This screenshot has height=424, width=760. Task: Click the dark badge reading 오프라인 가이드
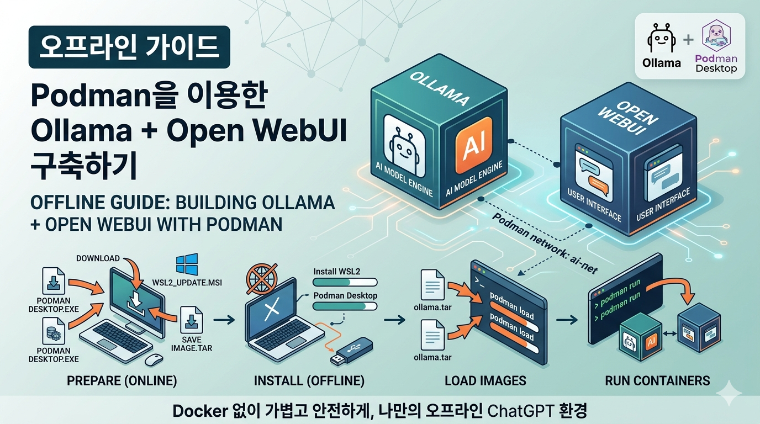tap(129, 47)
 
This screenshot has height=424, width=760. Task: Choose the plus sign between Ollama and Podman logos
tap(688, 40)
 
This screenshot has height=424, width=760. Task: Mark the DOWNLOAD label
tap(98, 258)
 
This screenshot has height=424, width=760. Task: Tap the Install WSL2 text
tap(337, 272)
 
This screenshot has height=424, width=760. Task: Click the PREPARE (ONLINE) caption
tap(122, 381)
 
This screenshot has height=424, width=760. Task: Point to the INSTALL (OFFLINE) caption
tap(309, 381)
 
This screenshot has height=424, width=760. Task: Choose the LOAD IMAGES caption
tap(485, 381)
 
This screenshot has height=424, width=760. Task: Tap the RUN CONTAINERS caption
tap(657, 380)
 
